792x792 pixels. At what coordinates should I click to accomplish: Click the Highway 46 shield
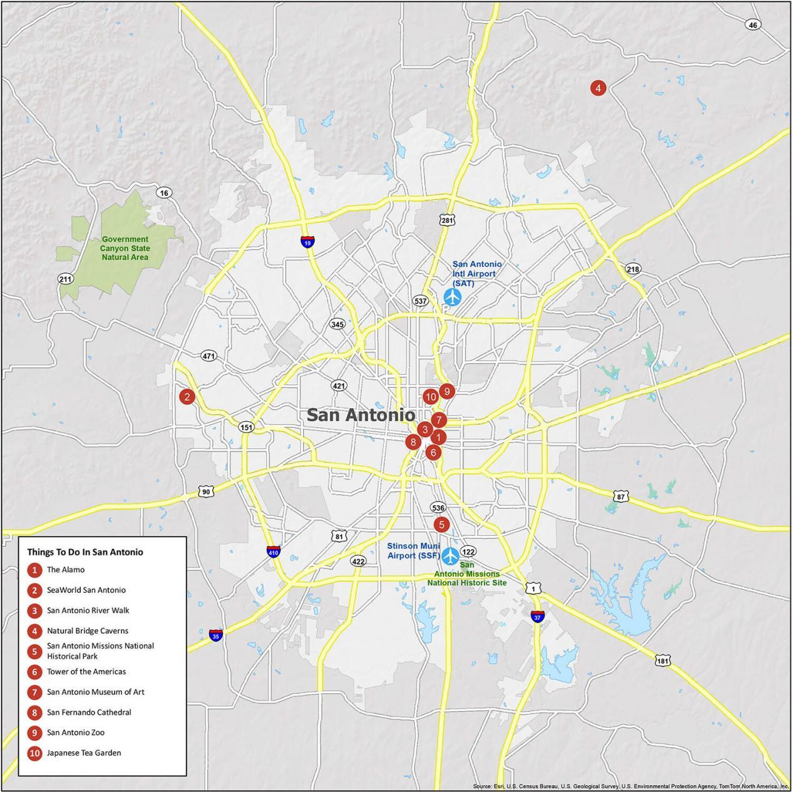pos(753,25)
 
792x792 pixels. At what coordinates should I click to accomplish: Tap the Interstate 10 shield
pos(307,242)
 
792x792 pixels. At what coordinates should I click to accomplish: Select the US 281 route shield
pos(447,220)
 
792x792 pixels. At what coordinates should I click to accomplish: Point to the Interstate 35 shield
pos(215,635)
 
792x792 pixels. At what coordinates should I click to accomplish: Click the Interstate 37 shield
pos(537,616)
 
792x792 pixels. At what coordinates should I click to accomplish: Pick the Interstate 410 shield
pos(273,552)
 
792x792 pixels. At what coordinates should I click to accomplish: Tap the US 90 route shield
pos(206,491)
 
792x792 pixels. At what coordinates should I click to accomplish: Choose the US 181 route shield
pos(664,661)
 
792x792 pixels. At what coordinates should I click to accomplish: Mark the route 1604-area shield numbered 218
pos(633,269)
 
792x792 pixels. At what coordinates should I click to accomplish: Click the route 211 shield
pos(66,279)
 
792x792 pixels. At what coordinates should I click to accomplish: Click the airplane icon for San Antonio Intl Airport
pos(451,297)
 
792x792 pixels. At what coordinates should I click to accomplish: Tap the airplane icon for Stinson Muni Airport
pos(450,555)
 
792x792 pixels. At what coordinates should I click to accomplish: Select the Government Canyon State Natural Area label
pos(125,248)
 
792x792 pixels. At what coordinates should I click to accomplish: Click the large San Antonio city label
pos(361,414)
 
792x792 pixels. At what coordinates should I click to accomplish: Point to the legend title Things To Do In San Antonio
pos(85,552)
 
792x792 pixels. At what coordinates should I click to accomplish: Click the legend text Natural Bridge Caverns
pos(87,630)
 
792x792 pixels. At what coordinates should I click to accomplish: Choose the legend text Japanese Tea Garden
pos(84,753)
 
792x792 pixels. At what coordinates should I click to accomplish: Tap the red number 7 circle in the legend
pos(35,692)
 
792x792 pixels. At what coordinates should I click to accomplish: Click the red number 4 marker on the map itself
pos(598,88)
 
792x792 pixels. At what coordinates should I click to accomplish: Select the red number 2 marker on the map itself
pos(187,396)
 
